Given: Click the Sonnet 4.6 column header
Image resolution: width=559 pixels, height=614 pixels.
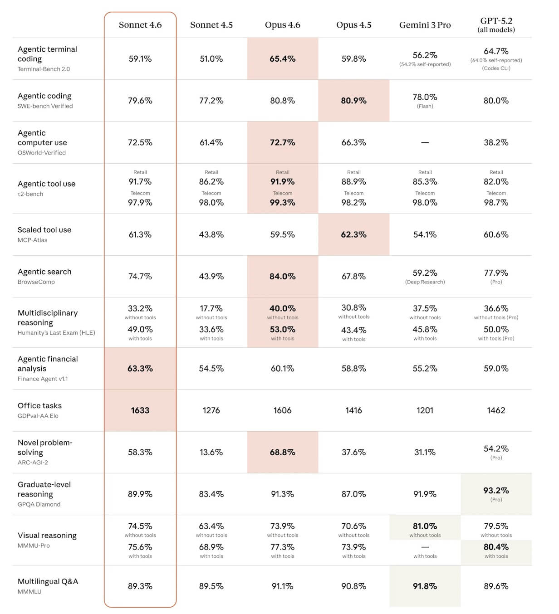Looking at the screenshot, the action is [140, 25].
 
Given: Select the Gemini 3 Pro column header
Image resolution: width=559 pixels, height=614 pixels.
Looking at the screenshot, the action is [425, 25].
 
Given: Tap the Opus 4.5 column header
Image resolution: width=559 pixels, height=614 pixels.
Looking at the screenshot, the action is [353, 25].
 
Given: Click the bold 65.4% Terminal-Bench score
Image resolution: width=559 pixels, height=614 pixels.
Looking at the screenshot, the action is [282, 58].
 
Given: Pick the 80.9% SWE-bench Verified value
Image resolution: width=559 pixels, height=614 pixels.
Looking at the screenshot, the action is [353, 100].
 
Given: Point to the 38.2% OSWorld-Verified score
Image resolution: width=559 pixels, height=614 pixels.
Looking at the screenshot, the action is [495, 142].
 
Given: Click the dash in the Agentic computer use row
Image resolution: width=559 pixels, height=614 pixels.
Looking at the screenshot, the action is [425, 142].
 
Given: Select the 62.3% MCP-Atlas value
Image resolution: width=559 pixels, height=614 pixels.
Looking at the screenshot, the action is [353, 234].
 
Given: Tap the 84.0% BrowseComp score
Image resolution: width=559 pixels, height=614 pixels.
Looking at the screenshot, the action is [282, 276].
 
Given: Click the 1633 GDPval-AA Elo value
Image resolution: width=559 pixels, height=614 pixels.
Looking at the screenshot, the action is [140, 410].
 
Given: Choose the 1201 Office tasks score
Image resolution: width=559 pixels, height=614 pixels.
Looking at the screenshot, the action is [425, 410].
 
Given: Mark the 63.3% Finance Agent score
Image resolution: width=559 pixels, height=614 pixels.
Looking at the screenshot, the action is [140, 368].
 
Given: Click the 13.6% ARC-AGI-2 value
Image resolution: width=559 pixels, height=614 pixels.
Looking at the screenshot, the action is [211, 452].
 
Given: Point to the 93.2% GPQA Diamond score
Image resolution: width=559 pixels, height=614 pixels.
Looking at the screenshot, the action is [495, 490].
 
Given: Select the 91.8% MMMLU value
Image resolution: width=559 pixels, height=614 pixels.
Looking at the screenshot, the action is [425, 586].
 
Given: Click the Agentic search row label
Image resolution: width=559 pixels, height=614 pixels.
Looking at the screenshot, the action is [44, 272].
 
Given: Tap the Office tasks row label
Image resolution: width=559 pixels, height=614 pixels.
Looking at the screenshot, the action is [39, 405].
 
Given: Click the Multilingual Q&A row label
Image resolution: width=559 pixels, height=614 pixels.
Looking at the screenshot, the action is [48, 581].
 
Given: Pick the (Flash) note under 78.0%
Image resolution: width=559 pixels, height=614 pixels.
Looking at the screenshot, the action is [425, 106].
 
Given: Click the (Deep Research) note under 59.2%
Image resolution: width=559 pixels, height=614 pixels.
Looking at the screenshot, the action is [425, 282].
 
